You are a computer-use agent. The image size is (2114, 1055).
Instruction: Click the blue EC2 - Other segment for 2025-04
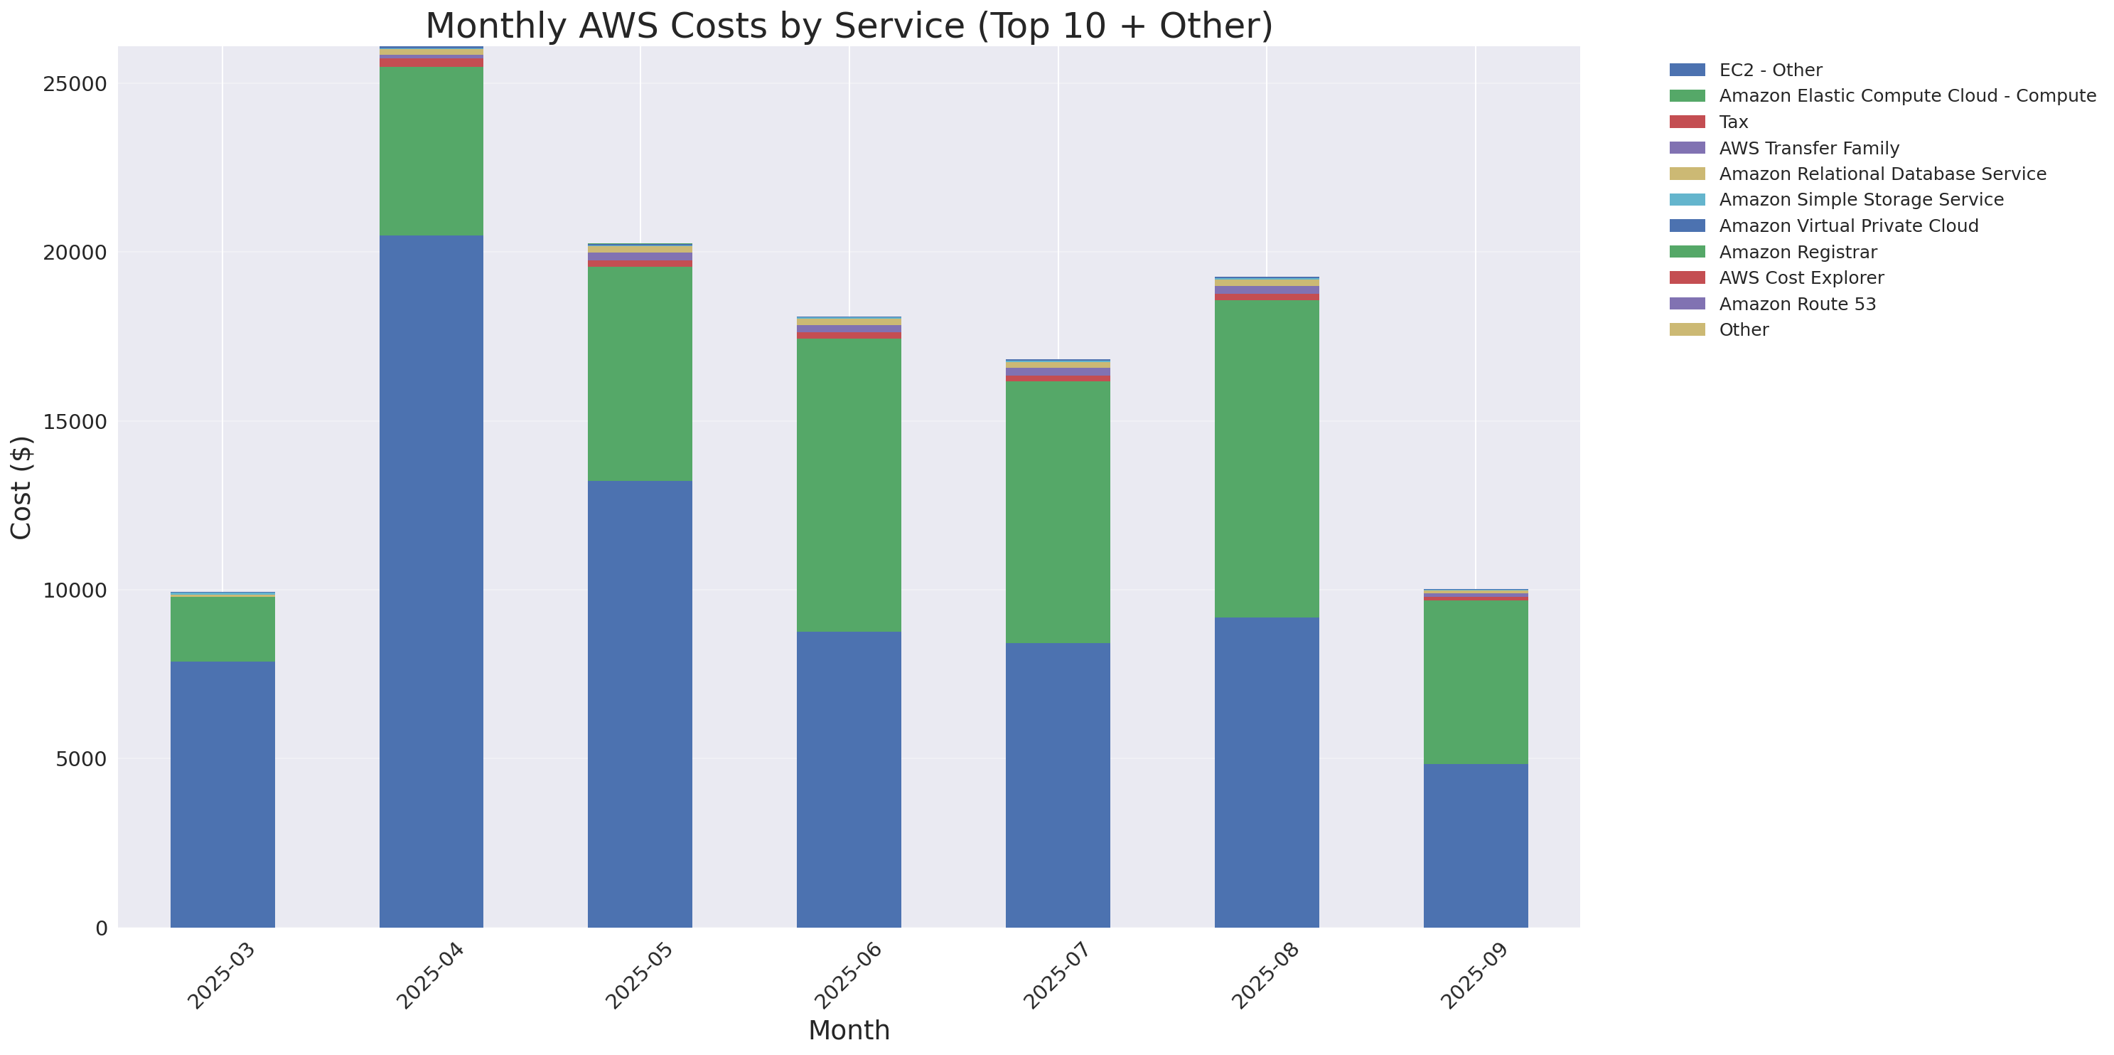pyautogui.click(x=431, y=581)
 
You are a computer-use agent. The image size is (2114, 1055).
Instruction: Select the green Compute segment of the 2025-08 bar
pyautogui.click(x=1266, y=458)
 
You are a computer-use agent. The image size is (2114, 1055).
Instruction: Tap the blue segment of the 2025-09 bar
pyautogui.click(x=1475, y=846)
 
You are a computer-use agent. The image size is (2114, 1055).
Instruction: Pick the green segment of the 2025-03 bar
pyautogui.click(x=222, y=629)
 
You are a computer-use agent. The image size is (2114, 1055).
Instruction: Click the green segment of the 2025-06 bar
pyautogui.click(x=849, y=484)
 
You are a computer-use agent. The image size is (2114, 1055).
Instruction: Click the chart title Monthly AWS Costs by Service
pyautogui.click(x=849, y=26)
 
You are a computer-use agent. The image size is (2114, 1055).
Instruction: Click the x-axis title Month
pyautogui.click(x=849, y=1029)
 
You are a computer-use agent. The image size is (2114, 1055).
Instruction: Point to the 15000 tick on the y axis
pyautogui.click(x=75, y=422)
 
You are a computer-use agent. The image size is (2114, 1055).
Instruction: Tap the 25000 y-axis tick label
pyautogui.click(x=75, y=85)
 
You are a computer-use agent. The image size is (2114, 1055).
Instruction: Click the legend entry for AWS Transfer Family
pyautogui.click(x=1809, y=149)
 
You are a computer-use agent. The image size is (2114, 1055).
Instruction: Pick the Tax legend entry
pyautogui.click(x=1733, y=122)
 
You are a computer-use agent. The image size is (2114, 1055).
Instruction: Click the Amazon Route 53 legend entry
pyautogui.click(x=1797, y=304)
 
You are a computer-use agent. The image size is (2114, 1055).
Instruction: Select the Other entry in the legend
pyautogui.click(x=1743, y=330)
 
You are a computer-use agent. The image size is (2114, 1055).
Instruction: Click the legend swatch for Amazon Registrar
pyautogui.click(x=1687, y=252)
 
